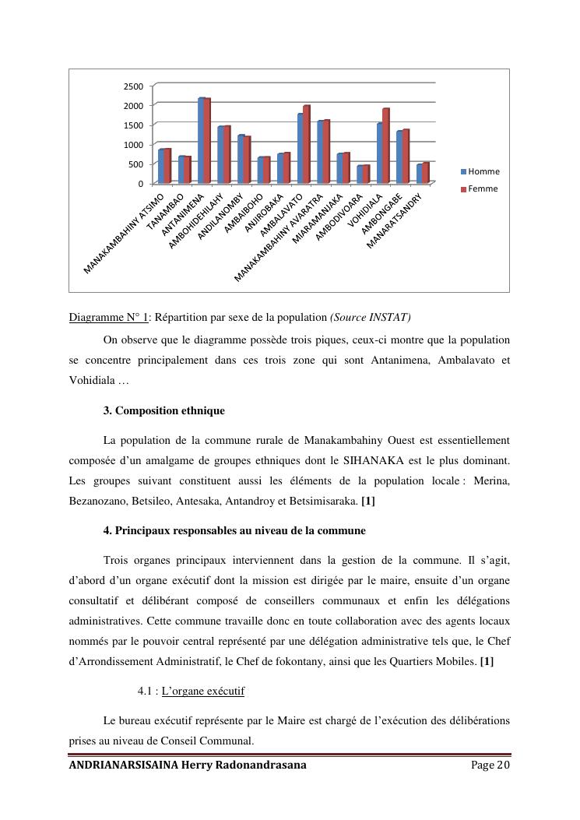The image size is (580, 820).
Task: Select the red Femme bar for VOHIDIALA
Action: [385, 146]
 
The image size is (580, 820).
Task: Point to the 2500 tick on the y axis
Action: [134, 86]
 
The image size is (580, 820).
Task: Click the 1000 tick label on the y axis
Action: [134, 145]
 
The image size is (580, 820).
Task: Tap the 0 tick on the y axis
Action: [140, 184]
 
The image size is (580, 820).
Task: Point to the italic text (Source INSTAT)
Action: [371, 317]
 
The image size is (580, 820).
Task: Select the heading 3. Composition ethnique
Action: [163, 410]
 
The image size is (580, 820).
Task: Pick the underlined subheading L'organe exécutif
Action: [203, 691]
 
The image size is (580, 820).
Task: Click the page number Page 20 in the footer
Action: [490, 765]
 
